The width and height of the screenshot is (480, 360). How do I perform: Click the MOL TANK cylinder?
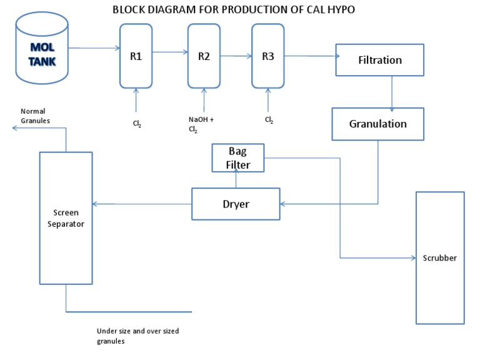click(42, 50)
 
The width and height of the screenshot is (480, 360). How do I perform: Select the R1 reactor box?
click(136, 56)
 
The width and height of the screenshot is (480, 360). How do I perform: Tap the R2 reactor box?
click(204, 56)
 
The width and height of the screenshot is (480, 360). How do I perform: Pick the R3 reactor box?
click(267, 56)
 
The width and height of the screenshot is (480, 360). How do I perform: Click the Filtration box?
click(379, 60)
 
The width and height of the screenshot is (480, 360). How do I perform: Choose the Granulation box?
click(377, 124)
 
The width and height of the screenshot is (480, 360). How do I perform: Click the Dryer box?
click(236, 204)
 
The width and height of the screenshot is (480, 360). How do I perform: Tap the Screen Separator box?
click(66, 218)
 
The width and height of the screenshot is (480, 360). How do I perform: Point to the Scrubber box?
click(439, 257)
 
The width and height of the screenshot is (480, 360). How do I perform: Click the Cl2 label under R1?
click(136, 124)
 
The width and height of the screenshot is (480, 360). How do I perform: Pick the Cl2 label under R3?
click(269, 119)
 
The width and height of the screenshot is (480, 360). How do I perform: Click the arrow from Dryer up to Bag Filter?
click(236, 180)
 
